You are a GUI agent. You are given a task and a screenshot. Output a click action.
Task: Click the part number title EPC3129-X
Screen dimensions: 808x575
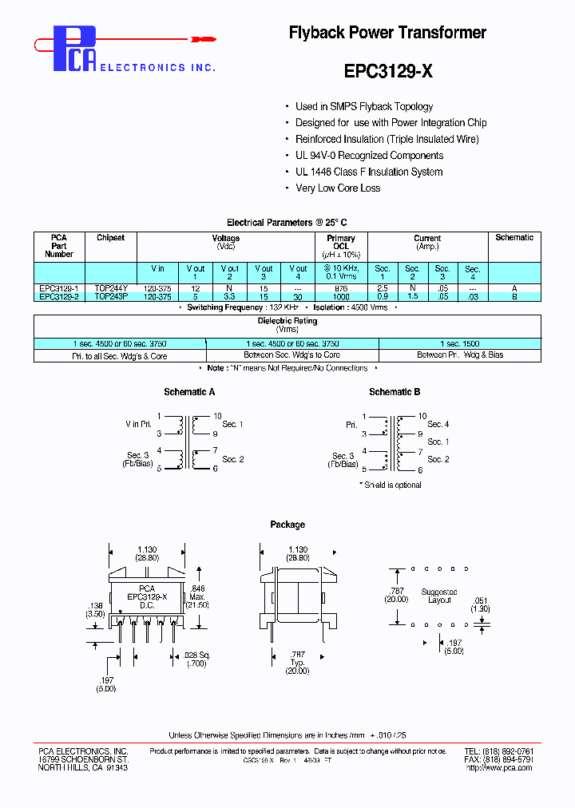click(x=388, y=70)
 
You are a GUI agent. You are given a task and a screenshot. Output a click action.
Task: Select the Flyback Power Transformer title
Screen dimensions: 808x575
click(x=387, y=33)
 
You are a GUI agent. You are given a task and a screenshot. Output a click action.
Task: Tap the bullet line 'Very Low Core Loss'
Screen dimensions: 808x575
click(x=338, y=188)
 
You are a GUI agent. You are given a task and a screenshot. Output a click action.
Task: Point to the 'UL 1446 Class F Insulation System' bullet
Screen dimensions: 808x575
click(x=369, y=172)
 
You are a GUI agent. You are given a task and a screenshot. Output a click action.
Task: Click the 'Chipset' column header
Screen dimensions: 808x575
click(x=110, y=238)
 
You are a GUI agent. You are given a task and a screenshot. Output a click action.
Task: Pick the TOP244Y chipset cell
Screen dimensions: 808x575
click(x=110, y=287)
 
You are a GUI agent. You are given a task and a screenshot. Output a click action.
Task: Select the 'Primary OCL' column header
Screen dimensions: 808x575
click(x=341, y=242)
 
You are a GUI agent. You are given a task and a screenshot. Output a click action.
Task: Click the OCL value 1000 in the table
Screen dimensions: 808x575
click(x=341, y=296)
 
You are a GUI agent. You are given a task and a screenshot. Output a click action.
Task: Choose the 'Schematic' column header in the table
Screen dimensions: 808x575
click(x=514, y=238)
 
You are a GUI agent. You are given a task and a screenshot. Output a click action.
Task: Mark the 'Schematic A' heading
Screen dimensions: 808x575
click(x=189, y=392)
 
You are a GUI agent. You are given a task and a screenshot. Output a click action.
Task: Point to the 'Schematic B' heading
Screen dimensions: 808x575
click(x=395, y=392)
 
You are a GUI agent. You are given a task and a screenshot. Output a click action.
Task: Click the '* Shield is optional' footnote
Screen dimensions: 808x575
click(x=390, y=485)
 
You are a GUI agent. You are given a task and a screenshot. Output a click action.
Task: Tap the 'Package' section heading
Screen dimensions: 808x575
click(x=287, y=525)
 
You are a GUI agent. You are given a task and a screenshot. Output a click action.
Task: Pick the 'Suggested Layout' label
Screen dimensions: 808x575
click(x=439, y=596)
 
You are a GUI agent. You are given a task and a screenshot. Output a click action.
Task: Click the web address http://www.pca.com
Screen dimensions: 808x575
click(x=499, y=768)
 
